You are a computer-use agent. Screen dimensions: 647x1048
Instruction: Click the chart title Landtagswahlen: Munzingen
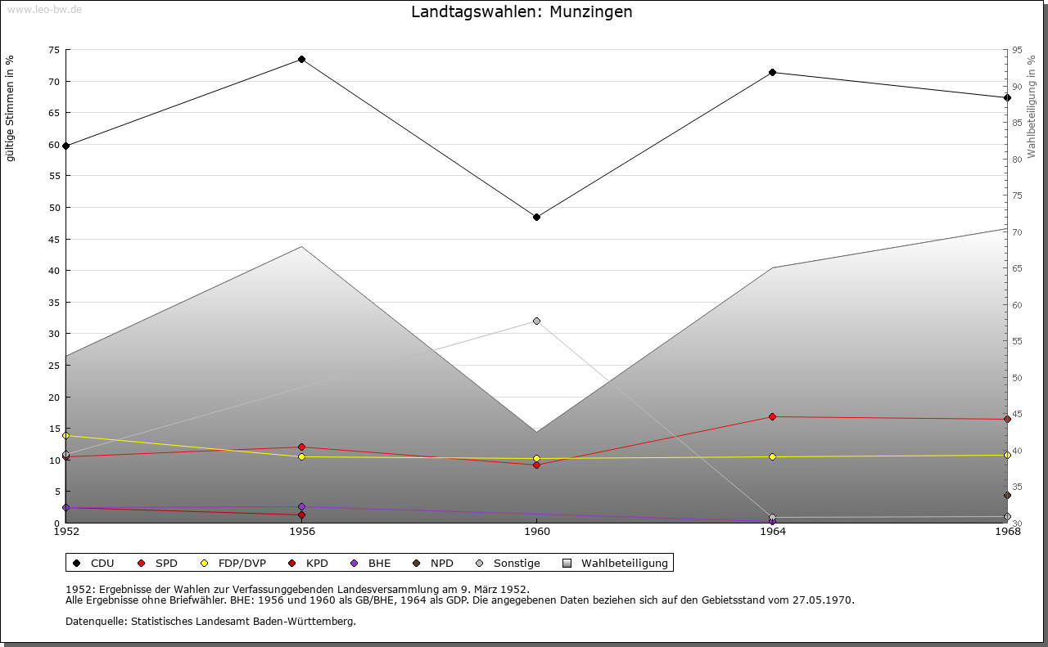[x=522, y=12]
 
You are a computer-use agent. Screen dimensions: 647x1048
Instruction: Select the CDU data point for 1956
[x=302, y=60]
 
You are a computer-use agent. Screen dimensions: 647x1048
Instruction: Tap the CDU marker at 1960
[x=537, y=217]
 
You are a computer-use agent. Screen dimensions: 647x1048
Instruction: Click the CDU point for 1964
[x=772, y=73]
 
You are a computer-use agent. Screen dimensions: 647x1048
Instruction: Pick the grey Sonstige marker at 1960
[x=537, y=321]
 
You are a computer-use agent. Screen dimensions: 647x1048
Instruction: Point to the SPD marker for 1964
[x=772, y=417]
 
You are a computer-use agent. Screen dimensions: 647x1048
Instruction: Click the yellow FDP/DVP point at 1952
[x=66, y=436]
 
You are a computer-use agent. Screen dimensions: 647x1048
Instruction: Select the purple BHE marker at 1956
[x=302, y=507]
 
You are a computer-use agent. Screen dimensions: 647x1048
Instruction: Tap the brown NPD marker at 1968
[x=1007, y=495]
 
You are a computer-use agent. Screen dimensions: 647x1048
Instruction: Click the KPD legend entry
[x=317, y=563]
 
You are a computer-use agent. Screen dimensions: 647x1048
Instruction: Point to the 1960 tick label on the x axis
[x=537, y=532]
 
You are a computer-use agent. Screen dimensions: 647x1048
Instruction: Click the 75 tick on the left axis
[x=53, y=50]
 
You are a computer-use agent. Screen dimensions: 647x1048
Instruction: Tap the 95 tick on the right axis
[x=1017, y=50]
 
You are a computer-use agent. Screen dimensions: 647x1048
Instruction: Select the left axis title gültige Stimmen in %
[x=11, y=108]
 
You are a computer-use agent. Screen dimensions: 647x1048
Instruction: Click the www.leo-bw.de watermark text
[x=44, y=9]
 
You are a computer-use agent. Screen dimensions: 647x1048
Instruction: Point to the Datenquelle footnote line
[x=210, y=622]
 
